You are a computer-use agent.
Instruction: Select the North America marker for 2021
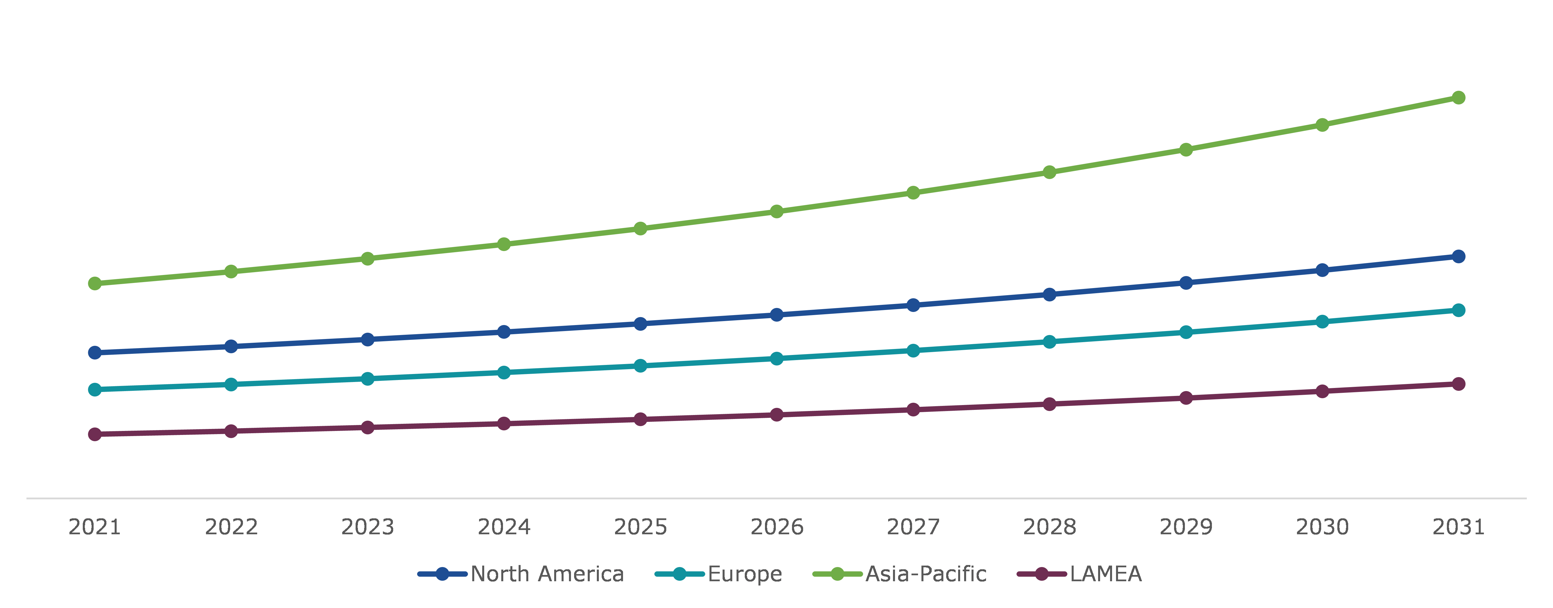(x=95, y=352)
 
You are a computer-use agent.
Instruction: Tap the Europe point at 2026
(x=777, y=358)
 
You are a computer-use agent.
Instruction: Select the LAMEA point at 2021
(x=95, y=434)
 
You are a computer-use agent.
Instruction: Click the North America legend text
(x=547, y=574)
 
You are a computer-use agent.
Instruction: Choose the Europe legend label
(x=744, y=574)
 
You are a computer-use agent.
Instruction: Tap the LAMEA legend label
(x=1106, y=574)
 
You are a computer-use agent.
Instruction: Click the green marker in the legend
(x=838, y=574)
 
